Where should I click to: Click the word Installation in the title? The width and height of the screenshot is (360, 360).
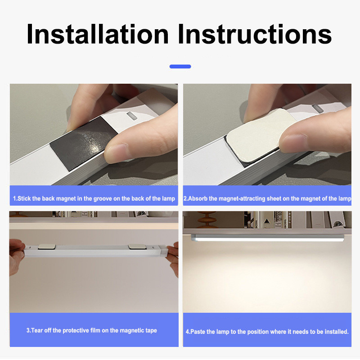[x=98, y=34]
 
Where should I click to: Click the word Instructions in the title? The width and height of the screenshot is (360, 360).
[x=255, y=34]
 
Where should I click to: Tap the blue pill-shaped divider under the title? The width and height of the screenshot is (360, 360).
[x=180, y=67]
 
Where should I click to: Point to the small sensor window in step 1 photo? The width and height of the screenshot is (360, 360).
[x=132, y=116]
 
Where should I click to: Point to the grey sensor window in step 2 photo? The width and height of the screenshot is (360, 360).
[x=318, y=108]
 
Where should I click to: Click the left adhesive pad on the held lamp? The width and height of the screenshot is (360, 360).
[x=47, y=247]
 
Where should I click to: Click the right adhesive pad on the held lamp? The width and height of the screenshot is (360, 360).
[x=137, y=246]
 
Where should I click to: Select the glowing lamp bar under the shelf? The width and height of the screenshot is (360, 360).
[x=267, y=238]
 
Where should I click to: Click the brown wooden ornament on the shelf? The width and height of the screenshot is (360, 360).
[x=207, y=219]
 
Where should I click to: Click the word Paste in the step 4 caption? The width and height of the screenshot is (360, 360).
[x=198, y=332]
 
